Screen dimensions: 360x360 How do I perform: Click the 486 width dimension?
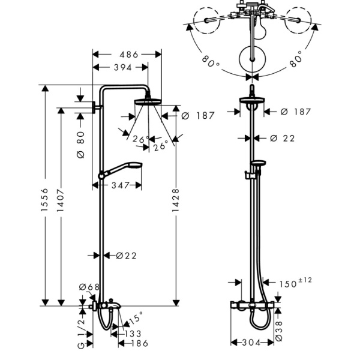[129, 55]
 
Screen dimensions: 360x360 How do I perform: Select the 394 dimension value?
[123, 67]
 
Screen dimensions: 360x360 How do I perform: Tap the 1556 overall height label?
[44, 200]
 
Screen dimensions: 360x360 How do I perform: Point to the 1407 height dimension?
[61, 200]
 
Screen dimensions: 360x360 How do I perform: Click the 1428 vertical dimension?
[175, 200]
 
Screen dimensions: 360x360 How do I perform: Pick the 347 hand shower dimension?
[121, 185]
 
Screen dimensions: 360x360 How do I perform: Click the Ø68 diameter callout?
[89, 287]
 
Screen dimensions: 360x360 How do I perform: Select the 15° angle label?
[136, 317]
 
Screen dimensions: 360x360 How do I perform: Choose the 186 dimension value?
[139, 343]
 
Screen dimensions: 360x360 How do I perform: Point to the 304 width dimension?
[251, 343]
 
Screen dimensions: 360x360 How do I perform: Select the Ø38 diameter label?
[278, 331]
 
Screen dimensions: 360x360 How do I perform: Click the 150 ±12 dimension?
[295, 283]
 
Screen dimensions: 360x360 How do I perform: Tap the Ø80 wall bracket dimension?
[80, 145]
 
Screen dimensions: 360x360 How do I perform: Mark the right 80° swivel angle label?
[296, 59]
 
